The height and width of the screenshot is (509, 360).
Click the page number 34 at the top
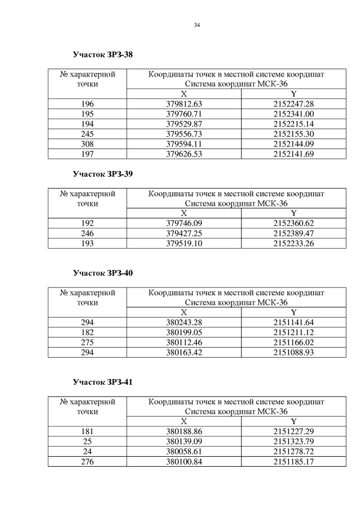coord(197,24)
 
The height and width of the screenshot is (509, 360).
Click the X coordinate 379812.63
coord(183,104)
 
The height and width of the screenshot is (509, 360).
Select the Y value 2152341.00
coord(293,114)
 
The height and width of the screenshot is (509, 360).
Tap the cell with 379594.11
coord(183,143)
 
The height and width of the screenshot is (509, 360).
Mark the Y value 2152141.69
coord(293,152)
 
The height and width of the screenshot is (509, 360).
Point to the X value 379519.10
coord(183,242)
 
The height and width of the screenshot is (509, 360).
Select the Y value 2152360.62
coord(293,223)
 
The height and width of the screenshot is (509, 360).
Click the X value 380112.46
coord(183,341)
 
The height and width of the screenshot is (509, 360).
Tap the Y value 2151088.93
coord(293,352)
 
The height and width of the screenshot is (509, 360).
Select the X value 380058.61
coord(183,451)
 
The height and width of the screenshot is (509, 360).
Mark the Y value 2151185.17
coord(293,461)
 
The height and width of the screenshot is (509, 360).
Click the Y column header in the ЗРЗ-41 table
coord(293,421)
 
